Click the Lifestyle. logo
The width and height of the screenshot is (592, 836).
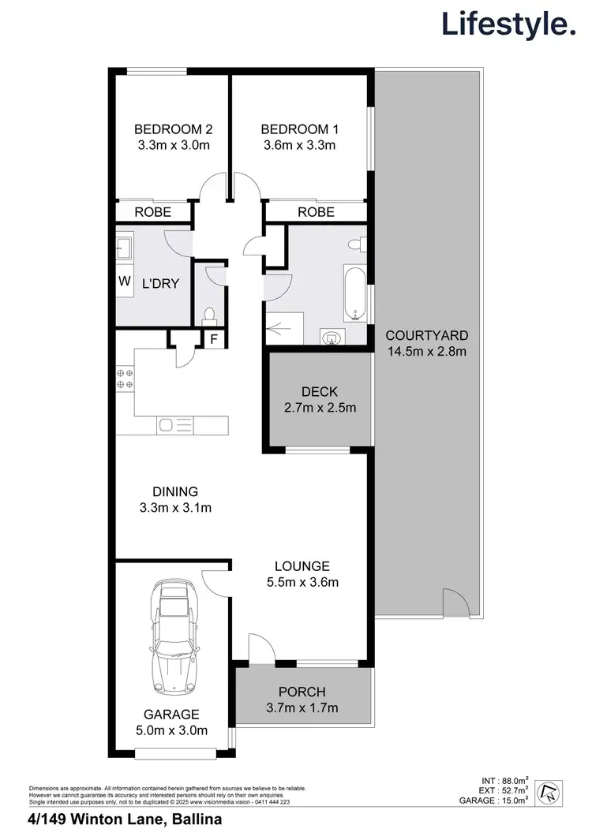508,24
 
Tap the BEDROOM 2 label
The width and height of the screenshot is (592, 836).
173,129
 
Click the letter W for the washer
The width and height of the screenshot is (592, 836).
124,281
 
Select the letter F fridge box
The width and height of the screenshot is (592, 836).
212,340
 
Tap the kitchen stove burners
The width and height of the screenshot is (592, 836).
125,379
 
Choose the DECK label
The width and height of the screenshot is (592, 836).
320,392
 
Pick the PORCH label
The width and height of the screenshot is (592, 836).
302,692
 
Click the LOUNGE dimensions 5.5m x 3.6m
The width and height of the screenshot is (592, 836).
302,583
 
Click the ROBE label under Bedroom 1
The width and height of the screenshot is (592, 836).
316,212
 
